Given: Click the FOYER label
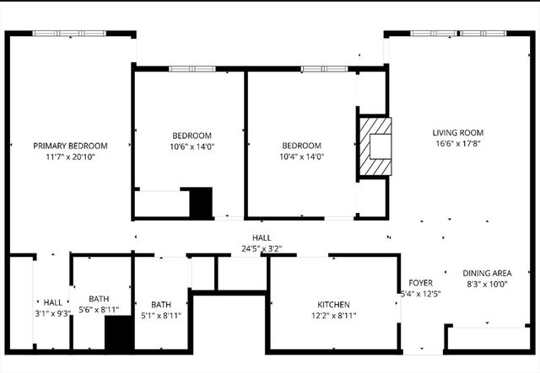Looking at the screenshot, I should click(420, 282).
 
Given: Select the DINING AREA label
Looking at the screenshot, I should click(488, 273).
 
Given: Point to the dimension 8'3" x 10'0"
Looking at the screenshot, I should click(488, 285).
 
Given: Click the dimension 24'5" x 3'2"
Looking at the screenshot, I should click(262, 248).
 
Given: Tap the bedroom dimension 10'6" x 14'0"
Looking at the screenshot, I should click(192, 147).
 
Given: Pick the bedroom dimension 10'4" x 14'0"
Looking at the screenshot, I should click(301, 156).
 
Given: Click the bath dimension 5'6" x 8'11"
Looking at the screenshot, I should click(99, 310).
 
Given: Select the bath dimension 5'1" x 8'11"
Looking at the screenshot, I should click(160, 316).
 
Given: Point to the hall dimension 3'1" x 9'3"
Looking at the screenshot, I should click(52, 313).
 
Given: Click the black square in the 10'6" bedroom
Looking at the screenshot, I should click(201, 203).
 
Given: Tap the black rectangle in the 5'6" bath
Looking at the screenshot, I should click(119, 333).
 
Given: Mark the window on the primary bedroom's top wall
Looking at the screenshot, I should click(69, 34).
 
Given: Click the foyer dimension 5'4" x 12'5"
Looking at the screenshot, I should click(420, 294).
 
